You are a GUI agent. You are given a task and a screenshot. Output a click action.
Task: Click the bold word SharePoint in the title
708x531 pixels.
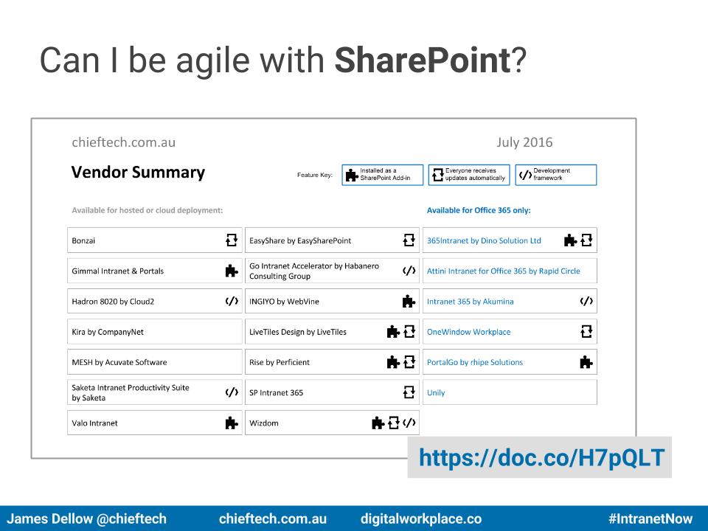[x=422, y=60]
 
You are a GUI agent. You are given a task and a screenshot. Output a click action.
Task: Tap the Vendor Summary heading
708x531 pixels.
[x=138, y=172]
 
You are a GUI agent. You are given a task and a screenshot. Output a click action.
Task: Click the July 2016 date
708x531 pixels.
[x=524, y=142]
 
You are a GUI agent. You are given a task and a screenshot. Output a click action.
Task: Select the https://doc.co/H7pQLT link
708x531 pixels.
[x=541, y=457]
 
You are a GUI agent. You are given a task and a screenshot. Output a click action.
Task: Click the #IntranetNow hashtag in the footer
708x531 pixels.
[x=650, y=518]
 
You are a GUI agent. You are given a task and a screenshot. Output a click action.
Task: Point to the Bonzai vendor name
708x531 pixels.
[x=83, y=240]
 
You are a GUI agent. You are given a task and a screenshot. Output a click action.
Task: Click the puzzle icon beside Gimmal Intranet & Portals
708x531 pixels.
[x=232, y=271]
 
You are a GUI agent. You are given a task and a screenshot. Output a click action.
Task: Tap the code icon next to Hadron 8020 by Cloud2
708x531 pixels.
[x=232, y=301]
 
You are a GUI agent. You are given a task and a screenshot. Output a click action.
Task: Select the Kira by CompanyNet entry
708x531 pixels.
[x=108, y=332]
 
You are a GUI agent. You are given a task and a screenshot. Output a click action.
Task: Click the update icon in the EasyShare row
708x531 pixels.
[x=409, y=240]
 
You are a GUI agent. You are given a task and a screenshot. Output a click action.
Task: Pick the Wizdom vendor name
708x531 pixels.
[x=264, y=423]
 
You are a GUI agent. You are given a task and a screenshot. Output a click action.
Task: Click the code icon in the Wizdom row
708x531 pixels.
[x=409, y=423]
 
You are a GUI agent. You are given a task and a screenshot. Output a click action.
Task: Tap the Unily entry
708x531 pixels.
[x=436, y=393]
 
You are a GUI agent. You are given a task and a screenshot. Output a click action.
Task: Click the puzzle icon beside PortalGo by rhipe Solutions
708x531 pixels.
[x=586, y=362]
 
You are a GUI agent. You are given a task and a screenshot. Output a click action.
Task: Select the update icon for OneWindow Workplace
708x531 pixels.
[x=586, y=331]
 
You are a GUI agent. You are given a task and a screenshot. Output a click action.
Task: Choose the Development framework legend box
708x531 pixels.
[x=556, y=175]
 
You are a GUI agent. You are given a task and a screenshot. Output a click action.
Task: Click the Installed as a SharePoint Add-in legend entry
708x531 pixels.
[x=383, y=175]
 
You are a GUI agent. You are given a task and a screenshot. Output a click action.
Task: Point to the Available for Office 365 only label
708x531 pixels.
[x=479, y=210]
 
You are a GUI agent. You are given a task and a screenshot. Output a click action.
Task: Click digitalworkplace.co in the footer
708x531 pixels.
[x=421, y=518]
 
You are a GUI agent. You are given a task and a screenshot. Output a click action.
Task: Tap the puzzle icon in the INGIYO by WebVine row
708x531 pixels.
[x=409, y=301]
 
